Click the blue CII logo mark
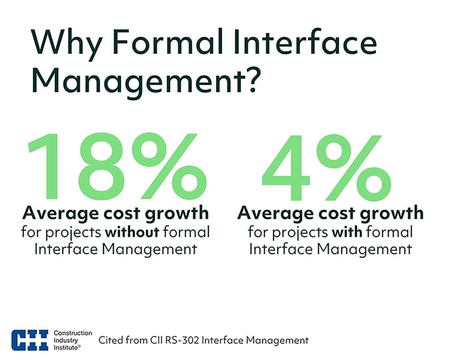pos(31,340)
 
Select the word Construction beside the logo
pos(73,332)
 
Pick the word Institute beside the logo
pos(67,347)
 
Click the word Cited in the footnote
pos(112,340)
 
